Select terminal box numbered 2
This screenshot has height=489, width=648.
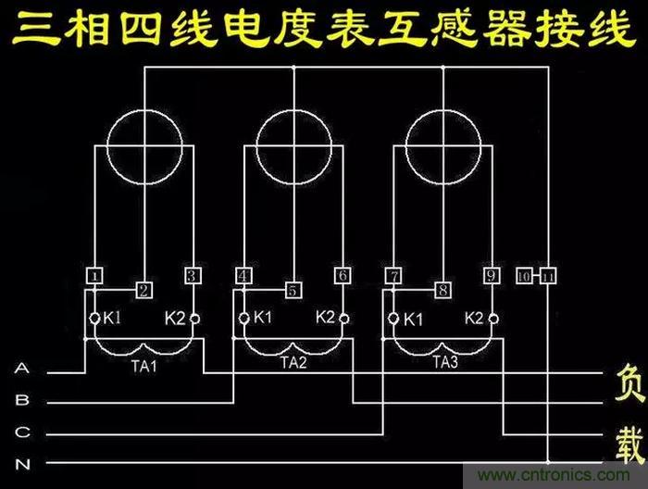point(143,291)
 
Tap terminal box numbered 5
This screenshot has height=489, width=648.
point(293,291)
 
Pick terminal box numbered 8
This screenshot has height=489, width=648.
point(443,291)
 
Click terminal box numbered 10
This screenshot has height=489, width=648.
point(524,276)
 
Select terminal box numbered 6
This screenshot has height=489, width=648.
point(343,276)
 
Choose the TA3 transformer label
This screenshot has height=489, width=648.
point(445,364)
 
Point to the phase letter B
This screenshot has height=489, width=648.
point(22,402)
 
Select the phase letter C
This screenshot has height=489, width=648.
point(22,433)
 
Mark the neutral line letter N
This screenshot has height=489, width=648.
point(22,462)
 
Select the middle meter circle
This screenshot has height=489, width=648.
point(293,145)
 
